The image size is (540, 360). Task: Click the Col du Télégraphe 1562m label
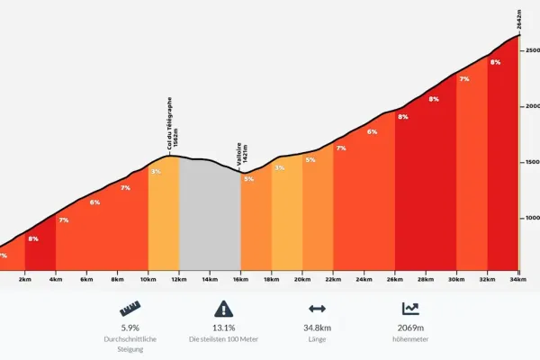coord(173,123)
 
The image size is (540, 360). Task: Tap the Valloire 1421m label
coord(242,154)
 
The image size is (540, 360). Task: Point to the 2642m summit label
coord(519,19)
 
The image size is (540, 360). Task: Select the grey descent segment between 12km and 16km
coord(210,213)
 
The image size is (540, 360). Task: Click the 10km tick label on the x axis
coord(148,279)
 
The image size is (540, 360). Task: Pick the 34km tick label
coord(518,279)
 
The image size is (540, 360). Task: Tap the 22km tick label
coord(333,279)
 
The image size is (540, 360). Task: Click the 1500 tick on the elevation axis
coord(533,162)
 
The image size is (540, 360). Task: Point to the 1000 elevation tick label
coord(533,218)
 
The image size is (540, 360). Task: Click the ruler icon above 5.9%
coord(130,309)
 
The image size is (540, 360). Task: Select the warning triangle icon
coord(223,309)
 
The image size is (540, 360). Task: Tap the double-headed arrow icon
coord(317,309)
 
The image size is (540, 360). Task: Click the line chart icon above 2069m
coord(410,309)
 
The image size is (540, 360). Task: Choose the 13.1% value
coord(223,328)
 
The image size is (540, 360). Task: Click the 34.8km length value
coord(317,328)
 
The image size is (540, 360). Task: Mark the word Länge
coord(317,339)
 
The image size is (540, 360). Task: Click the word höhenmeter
coord(410,339)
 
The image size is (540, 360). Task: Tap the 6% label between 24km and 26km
coord(372,131)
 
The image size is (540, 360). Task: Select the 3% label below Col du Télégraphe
coord(156,171)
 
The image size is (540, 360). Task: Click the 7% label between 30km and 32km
coord(464,79)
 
